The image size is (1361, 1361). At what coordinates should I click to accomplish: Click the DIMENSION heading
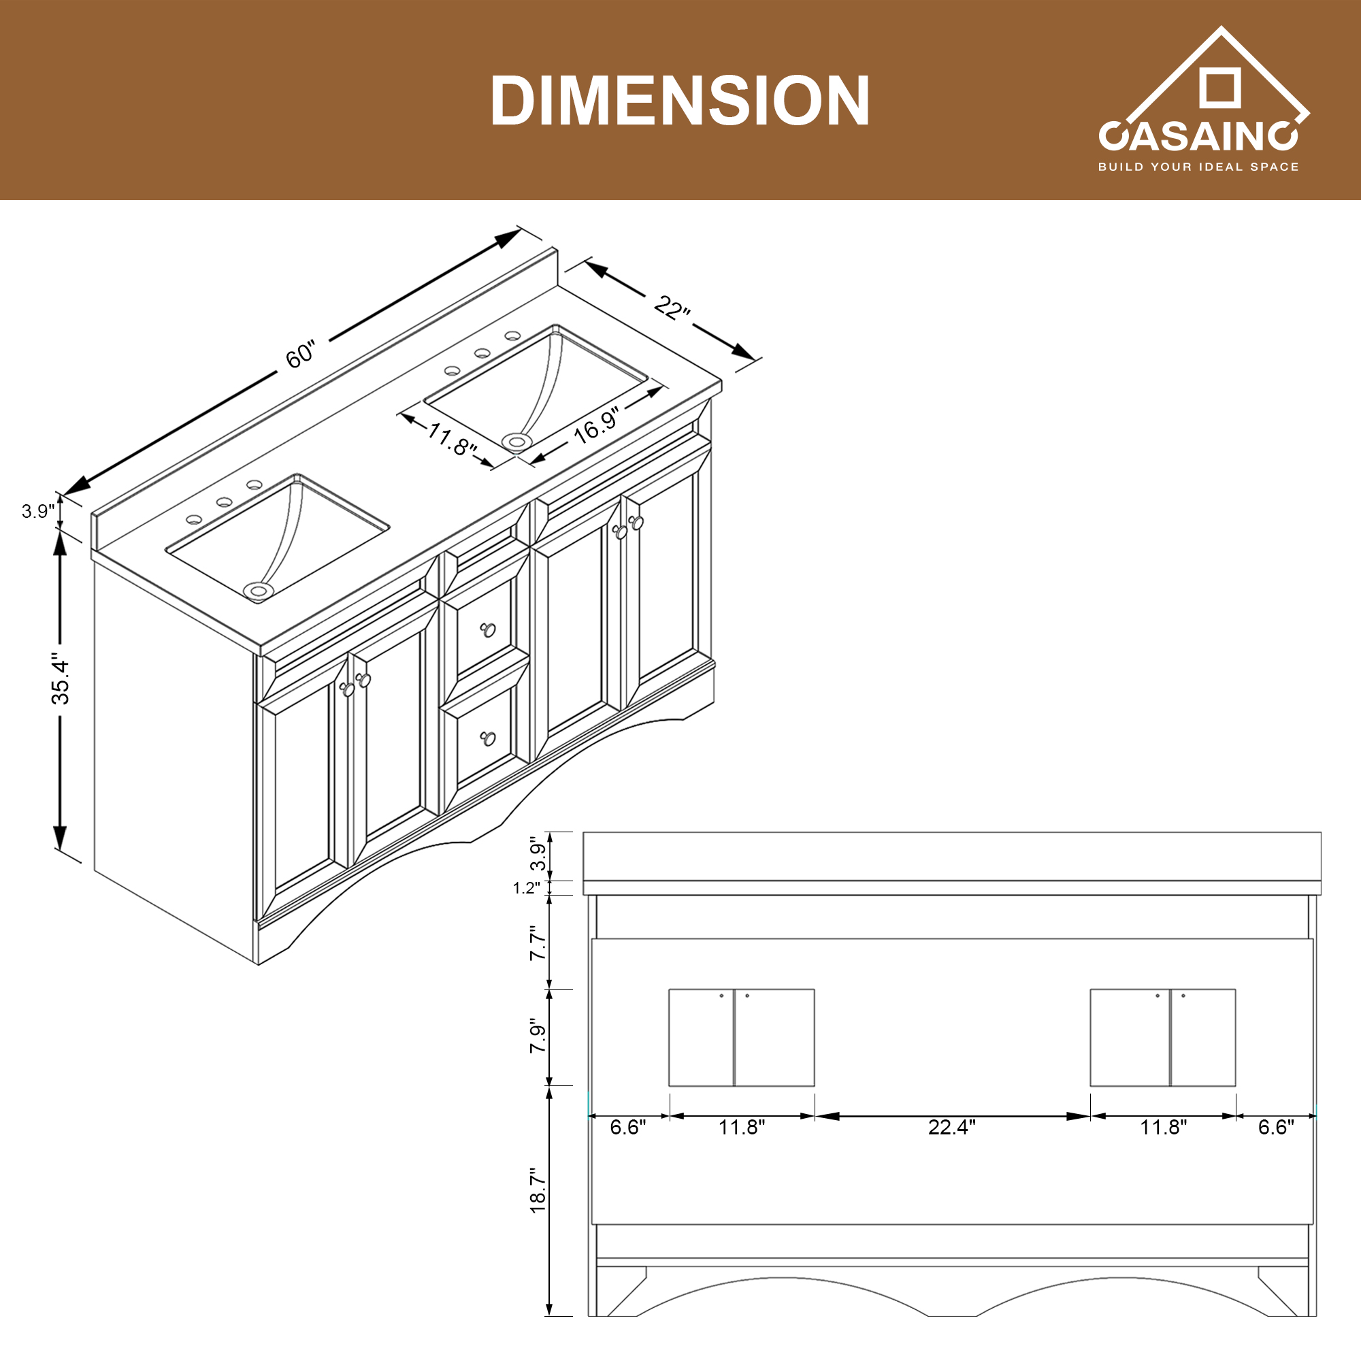click(x=680, y=101)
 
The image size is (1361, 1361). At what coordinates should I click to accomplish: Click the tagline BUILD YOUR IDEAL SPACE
click(x=1198, y=167)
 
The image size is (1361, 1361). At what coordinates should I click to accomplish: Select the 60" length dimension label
click(x=301, y=354)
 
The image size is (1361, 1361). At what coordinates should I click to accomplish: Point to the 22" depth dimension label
click(x=672, y=308)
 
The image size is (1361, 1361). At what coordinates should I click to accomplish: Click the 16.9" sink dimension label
click(x=596, y=425)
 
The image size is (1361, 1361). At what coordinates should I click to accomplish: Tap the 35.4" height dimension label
click(x=61, y=681)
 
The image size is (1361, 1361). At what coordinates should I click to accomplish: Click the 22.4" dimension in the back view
click(x=952, y=1127)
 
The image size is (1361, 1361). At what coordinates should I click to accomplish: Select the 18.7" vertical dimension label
click(x=538, y=1190)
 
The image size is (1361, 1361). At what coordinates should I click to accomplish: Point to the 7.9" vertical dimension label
click(x=538, y=1036)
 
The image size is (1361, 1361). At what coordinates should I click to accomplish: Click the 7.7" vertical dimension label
click(x=538, y=943)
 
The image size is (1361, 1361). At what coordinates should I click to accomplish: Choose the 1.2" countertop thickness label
click(x=526, y=887)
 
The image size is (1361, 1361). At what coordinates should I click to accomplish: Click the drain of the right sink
click(x=517, y=442)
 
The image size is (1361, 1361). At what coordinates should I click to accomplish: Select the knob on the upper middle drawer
click(x=488, y=629)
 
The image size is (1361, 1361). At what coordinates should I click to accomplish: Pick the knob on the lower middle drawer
click(x=488, y=738)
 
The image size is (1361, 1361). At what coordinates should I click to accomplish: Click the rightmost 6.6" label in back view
click(x=1276, y=1127)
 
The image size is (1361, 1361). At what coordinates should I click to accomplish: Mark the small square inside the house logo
click(x=1219, y=88)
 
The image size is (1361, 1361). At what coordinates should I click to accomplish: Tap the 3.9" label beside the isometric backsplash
click(x=37, y=512)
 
